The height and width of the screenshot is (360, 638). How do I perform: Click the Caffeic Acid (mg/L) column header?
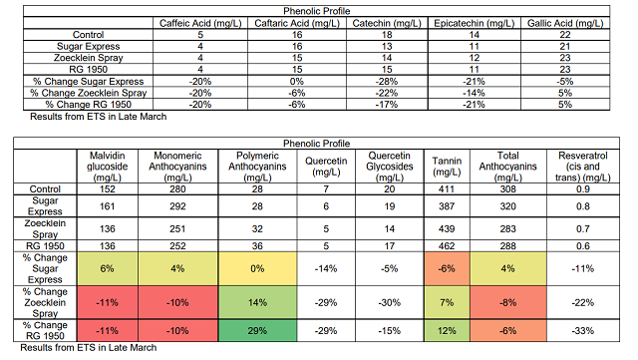[200, 23]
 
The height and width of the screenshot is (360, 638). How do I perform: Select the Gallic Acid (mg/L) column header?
[565, 23]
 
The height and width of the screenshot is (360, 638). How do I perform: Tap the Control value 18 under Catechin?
[387, 35]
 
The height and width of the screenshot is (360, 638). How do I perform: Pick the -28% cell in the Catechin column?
[387, 81]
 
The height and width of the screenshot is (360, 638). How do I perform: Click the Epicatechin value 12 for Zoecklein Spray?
[475, 58]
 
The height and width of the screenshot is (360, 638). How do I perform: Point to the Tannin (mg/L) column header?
[447, 167]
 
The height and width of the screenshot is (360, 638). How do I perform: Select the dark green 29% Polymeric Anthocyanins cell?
[257, 330]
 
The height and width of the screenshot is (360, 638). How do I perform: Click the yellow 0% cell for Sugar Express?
[257, 269]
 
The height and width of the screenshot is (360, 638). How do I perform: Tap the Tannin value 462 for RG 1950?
[447, 246]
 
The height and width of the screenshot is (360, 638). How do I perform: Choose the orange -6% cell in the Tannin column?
[447, 269]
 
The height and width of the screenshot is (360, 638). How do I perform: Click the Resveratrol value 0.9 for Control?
[583, 188]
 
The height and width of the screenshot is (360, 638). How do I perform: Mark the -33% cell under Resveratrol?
[583, 331]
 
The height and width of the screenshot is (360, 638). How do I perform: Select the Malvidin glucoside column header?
[108, 167]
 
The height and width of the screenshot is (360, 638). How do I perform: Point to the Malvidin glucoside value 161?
[108, 206]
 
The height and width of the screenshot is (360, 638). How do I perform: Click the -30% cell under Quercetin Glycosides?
[390, 302]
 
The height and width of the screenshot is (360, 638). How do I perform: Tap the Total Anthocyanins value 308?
[508, 188]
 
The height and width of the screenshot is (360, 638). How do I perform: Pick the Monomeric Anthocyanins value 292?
[177, 206]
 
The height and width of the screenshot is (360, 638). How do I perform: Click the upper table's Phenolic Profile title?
[317, 11]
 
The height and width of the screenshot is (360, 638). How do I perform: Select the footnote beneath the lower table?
[89, 348]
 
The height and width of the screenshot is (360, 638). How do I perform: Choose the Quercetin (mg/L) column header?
[326, 167]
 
